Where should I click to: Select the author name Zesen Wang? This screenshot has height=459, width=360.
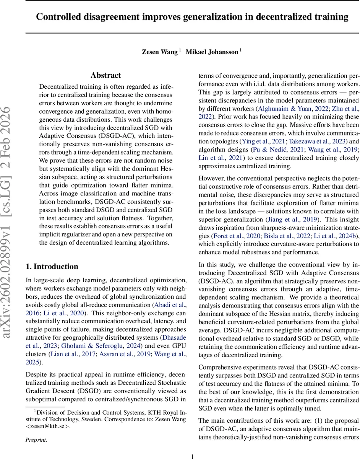(160, 52)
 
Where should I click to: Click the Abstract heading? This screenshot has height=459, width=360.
(106, 75)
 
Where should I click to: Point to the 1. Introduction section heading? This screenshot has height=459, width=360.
(52, 267)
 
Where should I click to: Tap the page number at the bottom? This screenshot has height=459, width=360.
(192, 446)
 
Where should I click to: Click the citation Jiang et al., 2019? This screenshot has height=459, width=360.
(287, 219)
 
